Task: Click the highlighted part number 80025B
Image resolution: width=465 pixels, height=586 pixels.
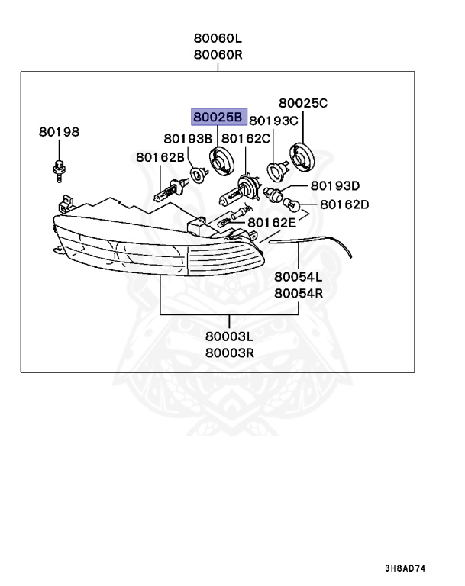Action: [218, 116]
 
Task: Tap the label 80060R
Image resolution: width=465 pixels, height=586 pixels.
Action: [218, 54]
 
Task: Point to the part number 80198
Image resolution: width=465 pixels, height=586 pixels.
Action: [59, 132]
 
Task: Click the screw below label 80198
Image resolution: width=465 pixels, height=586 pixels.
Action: [58, 170]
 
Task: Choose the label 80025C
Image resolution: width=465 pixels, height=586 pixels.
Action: [302, 103]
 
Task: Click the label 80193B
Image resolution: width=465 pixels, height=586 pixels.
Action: [187, 138]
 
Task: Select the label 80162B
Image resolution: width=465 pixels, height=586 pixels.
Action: [160, 157]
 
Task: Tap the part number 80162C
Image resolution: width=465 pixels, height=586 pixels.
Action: [246, 138]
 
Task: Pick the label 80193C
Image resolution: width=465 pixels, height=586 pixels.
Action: [273, 120]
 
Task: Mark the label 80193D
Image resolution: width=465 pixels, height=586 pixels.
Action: [335, 185]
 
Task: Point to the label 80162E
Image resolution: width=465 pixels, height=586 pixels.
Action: [271, 222]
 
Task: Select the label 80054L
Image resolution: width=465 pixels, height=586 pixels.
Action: [299, 277]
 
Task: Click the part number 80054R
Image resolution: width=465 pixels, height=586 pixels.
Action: [299, 292]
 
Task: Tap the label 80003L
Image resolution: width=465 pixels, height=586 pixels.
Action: [229, 336]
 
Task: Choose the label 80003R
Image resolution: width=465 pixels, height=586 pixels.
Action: [229, 353]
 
